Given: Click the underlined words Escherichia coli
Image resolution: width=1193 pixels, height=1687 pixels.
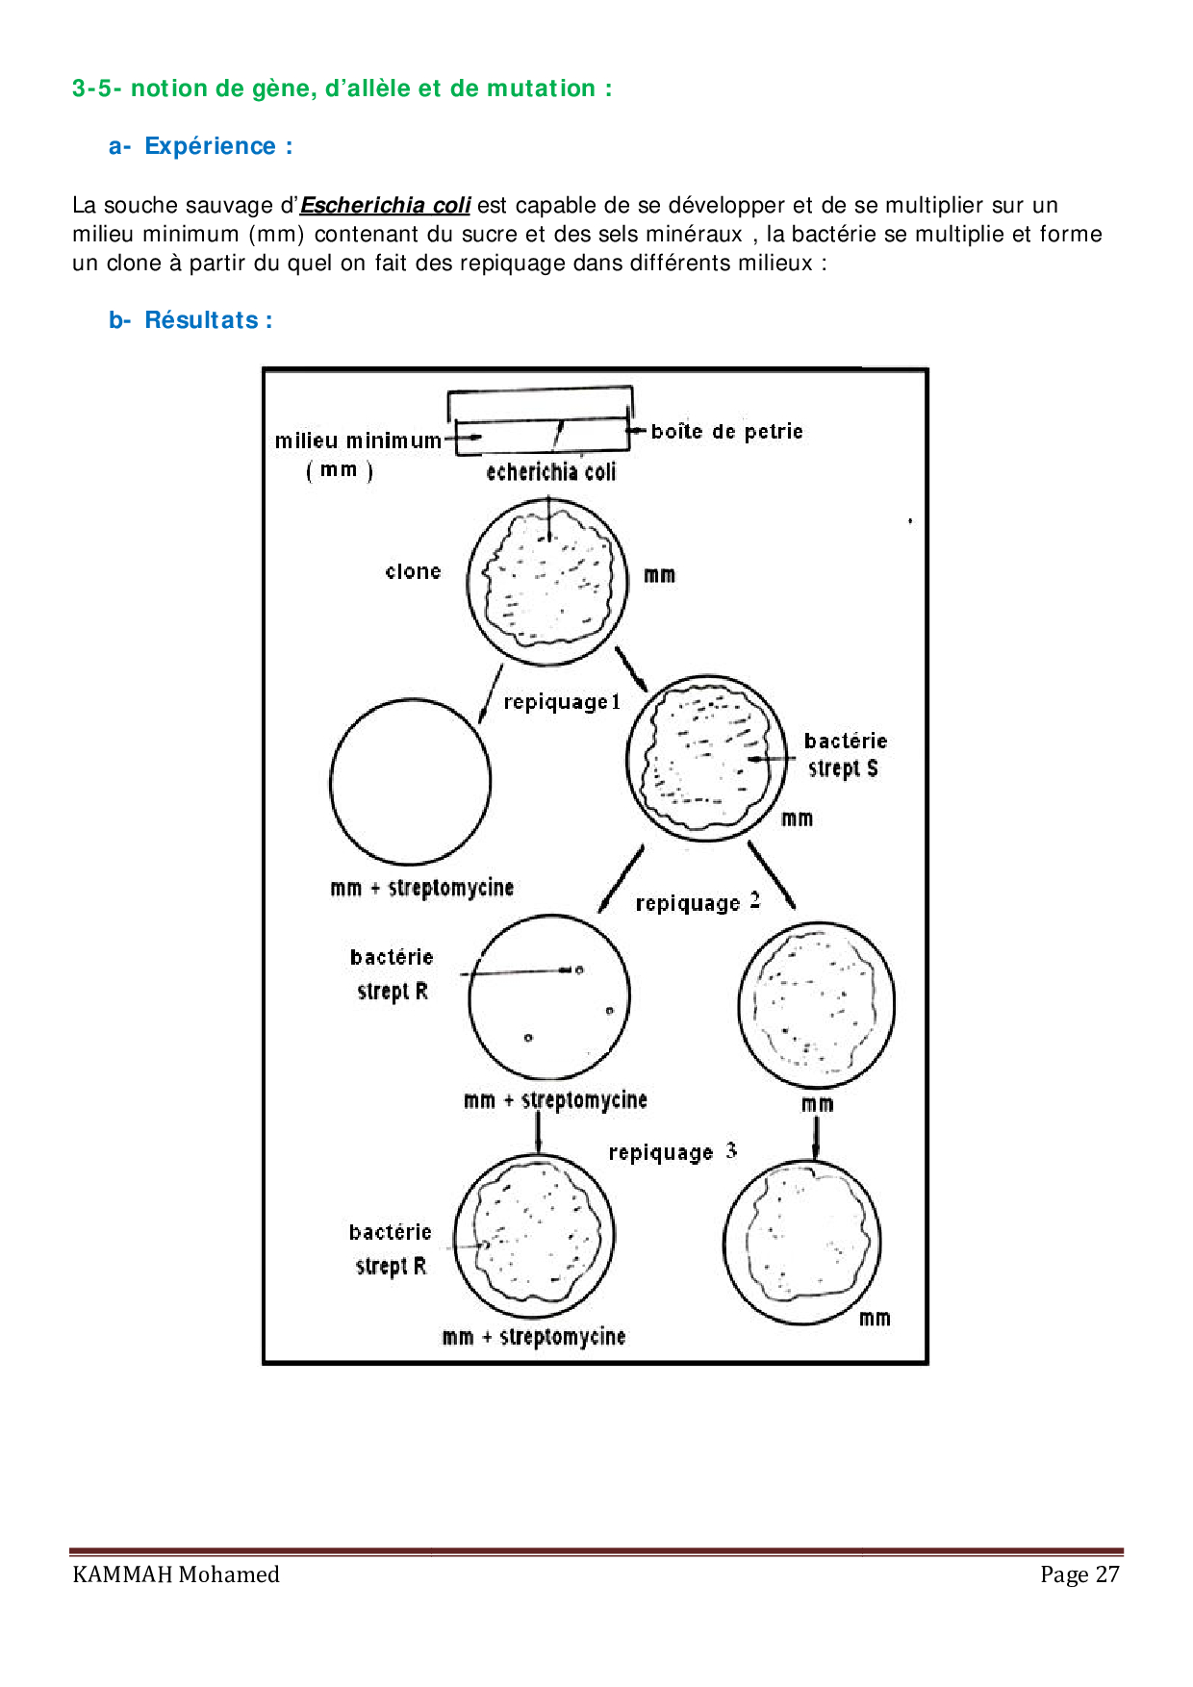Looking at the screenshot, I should (385, 205).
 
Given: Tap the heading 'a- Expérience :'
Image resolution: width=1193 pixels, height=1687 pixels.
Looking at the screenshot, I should (200, 146).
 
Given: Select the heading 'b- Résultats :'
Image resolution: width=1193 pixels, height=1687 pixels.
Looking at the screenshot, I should (190, 320).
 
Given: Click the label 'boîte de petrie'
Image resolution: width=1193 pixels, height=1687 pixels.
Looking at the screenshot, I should (726, 432).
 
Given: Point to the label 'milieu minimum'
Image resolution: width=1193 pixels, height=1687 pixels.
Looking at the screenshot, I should (358, 441).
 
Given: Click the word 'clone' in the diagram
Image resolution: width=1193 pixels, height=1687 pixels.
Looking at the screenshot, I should (413, 571).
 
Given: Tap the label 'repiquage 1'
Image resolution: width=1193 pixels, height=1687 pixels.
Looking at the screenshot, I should (562, 702).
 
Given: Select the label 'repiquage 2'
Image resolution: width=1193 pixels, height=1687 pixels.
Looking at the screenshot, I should (698, 902).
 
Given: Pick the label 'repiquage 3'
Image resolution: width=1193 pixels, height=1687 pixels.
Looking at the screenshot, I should (673, 1151).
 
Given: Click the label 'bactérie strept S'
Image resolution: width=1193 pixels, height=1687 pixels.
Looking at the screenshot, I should (845, 754).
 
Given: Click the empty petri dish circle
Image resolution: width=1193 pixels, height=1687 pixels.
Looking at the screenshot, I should (410, 781).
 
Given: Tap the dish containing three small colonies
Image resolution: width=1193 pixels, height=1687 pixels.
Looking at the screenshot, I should (549, 997).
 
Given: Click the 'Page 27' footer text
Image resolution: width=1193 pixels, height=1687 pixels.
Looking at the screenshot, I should (1079, 1574).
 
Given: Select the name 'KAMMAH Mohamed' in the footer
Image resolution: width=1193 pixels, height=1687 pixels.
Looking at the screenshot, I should (176, 1574).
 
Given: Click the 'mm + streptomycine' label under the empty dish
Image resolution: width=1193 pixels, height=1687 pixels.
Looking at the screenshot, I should (421, 888).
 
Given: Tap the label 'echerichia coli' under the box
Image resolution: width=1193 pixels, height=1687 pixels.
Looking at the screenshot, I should (550, 471).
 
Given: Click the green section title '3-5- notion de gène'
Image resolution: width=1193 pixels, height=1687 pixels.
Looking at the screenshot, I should (342, 88).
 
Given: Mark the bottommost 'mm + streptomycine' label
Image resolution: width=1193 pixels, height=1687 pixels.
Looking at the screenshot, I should (533, 1336).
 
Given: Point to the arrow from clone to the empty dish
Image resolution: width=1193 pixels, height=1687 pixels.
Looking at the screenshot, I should (490, 693).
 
